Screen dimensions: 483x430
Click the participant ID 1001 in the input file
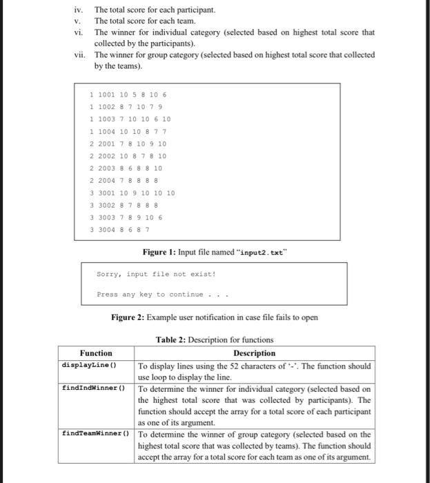point(107,95)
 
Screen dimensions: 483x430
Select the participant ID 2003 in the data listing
point(107,168)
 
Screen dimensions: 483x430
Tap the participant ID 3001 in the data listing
point(107,193)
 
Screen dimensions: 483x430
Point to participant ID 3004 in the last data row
point(107,229)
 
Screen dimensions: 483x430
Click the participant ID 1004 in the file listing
point(107,131)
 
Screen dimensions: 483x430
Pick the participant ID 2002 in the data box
point(107,156)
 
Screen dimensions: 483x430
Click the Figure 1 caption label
point(159,253)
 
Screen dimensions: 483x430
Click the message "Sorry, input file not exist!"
point(156,274)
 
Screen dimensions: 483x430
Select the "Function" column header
point(96,353)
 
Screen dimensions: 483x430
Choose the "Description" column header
point(254,353)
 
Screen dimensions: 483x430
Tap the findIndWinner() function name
point(92,388)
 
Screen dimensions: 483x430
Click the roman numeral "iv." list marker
point(79,10)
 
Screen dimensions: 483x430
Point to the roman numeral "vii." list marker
point(79,55)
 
